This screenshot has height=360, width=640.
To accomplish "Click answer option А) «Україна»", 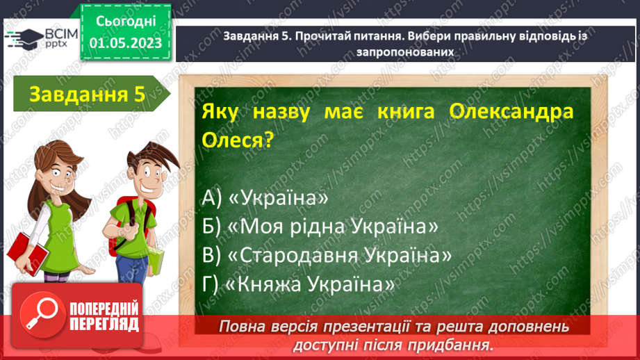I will point(265,198).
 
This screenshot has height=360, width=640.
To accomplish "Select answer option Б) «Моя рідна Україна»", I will point(322,227).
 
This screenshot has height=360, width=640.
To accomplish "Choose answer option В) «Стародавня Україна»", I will point(327,255).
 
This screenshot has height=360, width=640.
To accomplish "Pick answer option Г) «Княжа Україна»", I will point(299,284).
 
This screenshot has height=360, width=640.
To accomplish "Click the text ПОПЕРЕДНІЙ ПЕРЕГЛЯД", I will point(104,316).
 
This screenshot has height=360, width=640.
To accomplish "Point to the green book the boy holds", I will point(155,261).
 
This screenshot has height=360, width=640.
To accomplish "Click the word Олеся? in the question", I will point(236,141).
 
